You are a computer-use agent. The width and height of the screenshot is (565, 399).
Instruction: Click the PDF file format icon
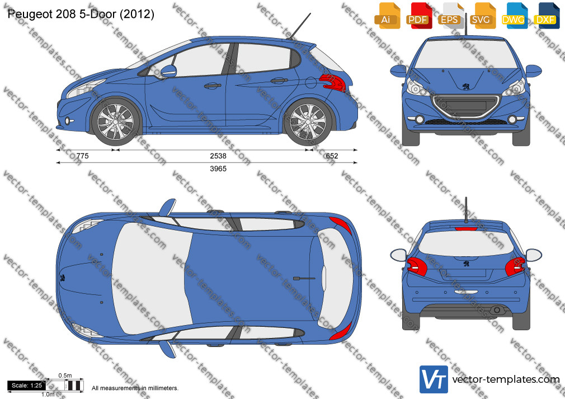click(419, 15)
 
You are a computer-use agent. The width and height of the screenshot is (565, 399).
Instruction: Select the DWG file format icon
click(514, 15)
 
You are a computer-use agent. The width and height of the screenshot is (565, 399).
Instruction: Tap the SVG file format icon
click(482, 15)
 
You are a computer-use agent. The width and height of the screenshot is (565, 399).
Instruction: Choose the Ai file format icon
click(387, 15)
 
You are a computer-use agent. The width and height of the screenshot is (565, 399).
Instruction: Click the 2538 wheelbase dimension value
click(218, 156)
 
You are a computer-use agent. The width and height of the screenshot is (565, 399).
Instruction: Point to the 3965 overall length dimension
click(218, 169)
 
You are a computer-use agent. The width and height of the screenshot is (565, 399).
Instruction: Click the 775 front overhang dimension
click(83, 156)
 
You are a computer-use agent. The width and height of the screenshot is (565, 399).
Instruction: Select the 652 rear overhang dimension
click(332, 156)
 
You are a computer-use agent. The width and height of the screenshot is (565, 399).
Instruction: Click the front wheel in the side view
click(116, 121)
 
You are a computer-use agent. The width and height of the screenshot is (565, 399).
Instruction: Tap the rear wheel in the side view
click(308, 121)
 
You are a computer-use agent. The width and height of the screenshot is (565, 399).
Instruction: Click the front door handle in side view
click(212, 85)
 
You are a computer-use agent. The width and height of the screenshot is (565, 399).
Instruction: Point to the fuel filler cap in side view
click(310, 83)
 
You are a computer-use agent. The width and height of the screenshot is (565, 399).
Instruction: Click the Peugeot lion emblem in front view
click(466, 86)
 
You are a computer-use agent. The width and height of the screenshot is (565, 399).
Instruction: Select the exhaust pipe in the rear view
click(497, 310)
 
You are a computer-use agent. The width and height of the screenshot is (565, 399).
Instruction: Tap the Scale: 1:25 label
click(27, 386)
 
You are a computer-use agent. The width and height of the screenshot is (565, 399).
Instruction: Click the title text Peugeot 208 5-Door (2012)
click(81, 14)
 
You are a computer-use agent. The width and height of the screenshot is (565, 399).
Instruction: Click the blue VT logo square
click(434, 379)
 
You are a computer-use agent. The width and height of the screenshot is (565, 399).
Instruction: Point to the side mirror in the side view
click(168, 70)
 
